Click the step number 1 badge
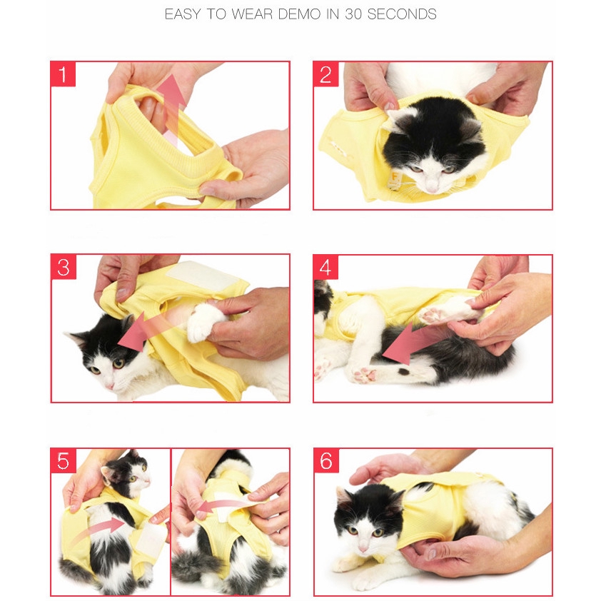(63, 74)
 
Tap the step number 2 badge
(325, 74)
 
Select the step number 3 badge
(64, 267)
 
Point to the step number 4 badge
(325, 267)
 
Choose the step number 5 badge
(64, 460)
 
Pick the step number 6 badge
(326, 460)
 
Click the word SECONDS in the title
(402, 14)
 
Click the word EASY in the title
(183, 14)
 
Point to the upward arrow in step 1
(172, 109)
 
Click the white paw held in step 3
(206, 321)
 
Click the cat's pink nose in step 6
(363, 549)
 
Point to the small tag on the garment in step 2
(395, 181)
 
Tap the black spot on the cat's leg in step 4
(403, 371)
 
